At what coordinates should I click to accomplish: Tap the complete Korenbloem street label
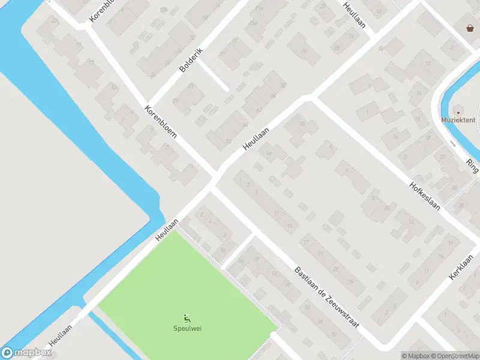pyautogui.click(x=160, y=122)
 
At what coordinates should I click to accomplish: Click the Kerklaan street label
pyautogui.click(x=461, y=268)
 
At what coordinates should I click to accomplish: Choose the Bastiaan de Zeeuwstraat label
pyautogui.click(x=326, y=297)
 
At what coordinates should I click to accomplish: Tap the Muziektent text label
pyautogui.click(x=458, y=119)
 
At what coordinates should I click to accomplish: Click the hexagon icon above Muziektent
pyautogui.click(x=458, y=111)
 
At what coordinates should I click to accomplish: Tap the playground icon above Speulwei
pyautogui.click(x=186, y=318)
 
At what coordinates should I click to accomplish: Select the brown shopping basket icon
pyautogui.click(x=470, y=28)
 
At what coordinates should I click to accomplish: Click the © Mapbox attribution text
pyautogui.click(x=415, y=356)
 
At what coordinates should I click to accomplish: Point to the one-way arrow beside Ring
pyautogui.click(x=453, y=143)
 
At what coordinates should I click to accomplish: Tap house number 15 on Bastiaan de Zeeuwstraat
pyautogui.click(x=290, y=226)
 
